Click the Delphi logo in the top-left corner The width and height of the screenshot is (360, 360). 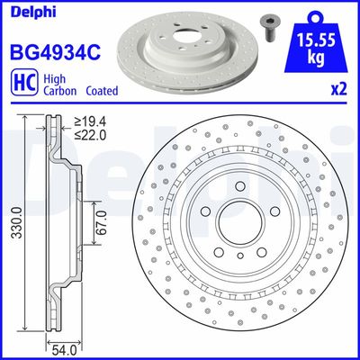29,12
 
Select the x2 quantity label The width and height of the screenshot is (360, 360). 338,90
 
